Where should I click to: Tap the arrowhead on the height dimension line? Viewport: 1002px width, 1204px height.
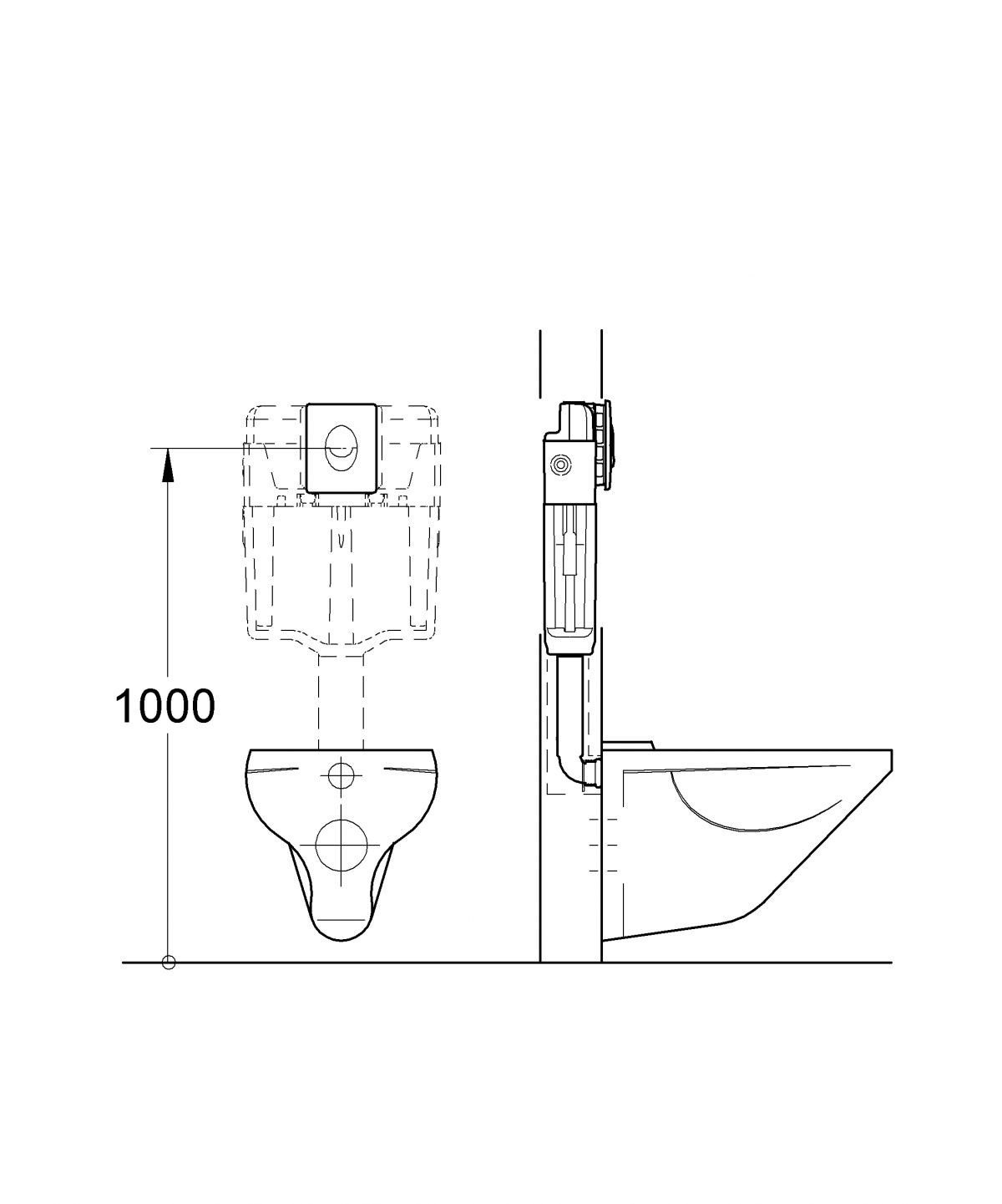click(168, 465)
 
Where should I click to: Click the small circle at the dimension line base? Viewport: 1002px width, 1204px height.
click(168, 963)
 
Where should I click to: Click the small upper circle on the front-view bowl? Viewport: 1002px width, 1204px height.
click(341, 775)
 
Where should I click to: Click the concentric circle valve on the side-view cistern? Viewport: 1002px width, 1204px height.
click(560, 465)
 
